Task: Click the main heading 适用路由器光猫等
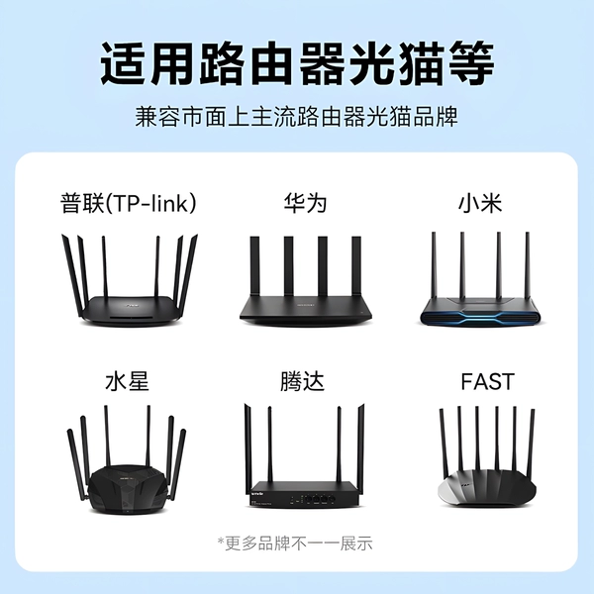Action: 297,64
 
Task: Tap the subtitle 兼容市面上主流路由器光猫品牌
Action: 297,117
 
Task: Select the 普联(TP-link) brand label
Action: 129,203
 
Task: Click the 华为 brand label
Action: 305,203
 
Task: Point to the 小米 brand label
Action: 480,203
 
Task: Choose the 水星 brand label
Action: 128,381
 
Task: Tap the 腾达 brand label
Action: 302,381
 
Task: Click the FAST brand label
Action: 487,381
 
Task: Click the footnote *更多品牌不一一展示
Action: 295,544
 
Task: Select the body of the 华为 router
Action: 305,308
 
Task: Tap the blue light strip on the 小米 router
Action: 480,316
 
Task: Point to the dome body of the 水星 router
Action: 128,489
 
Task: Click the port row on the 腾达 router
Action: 313,499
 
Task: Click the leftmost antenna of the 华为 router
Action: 254,266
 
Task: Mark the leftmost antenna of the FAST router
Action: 444,444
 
